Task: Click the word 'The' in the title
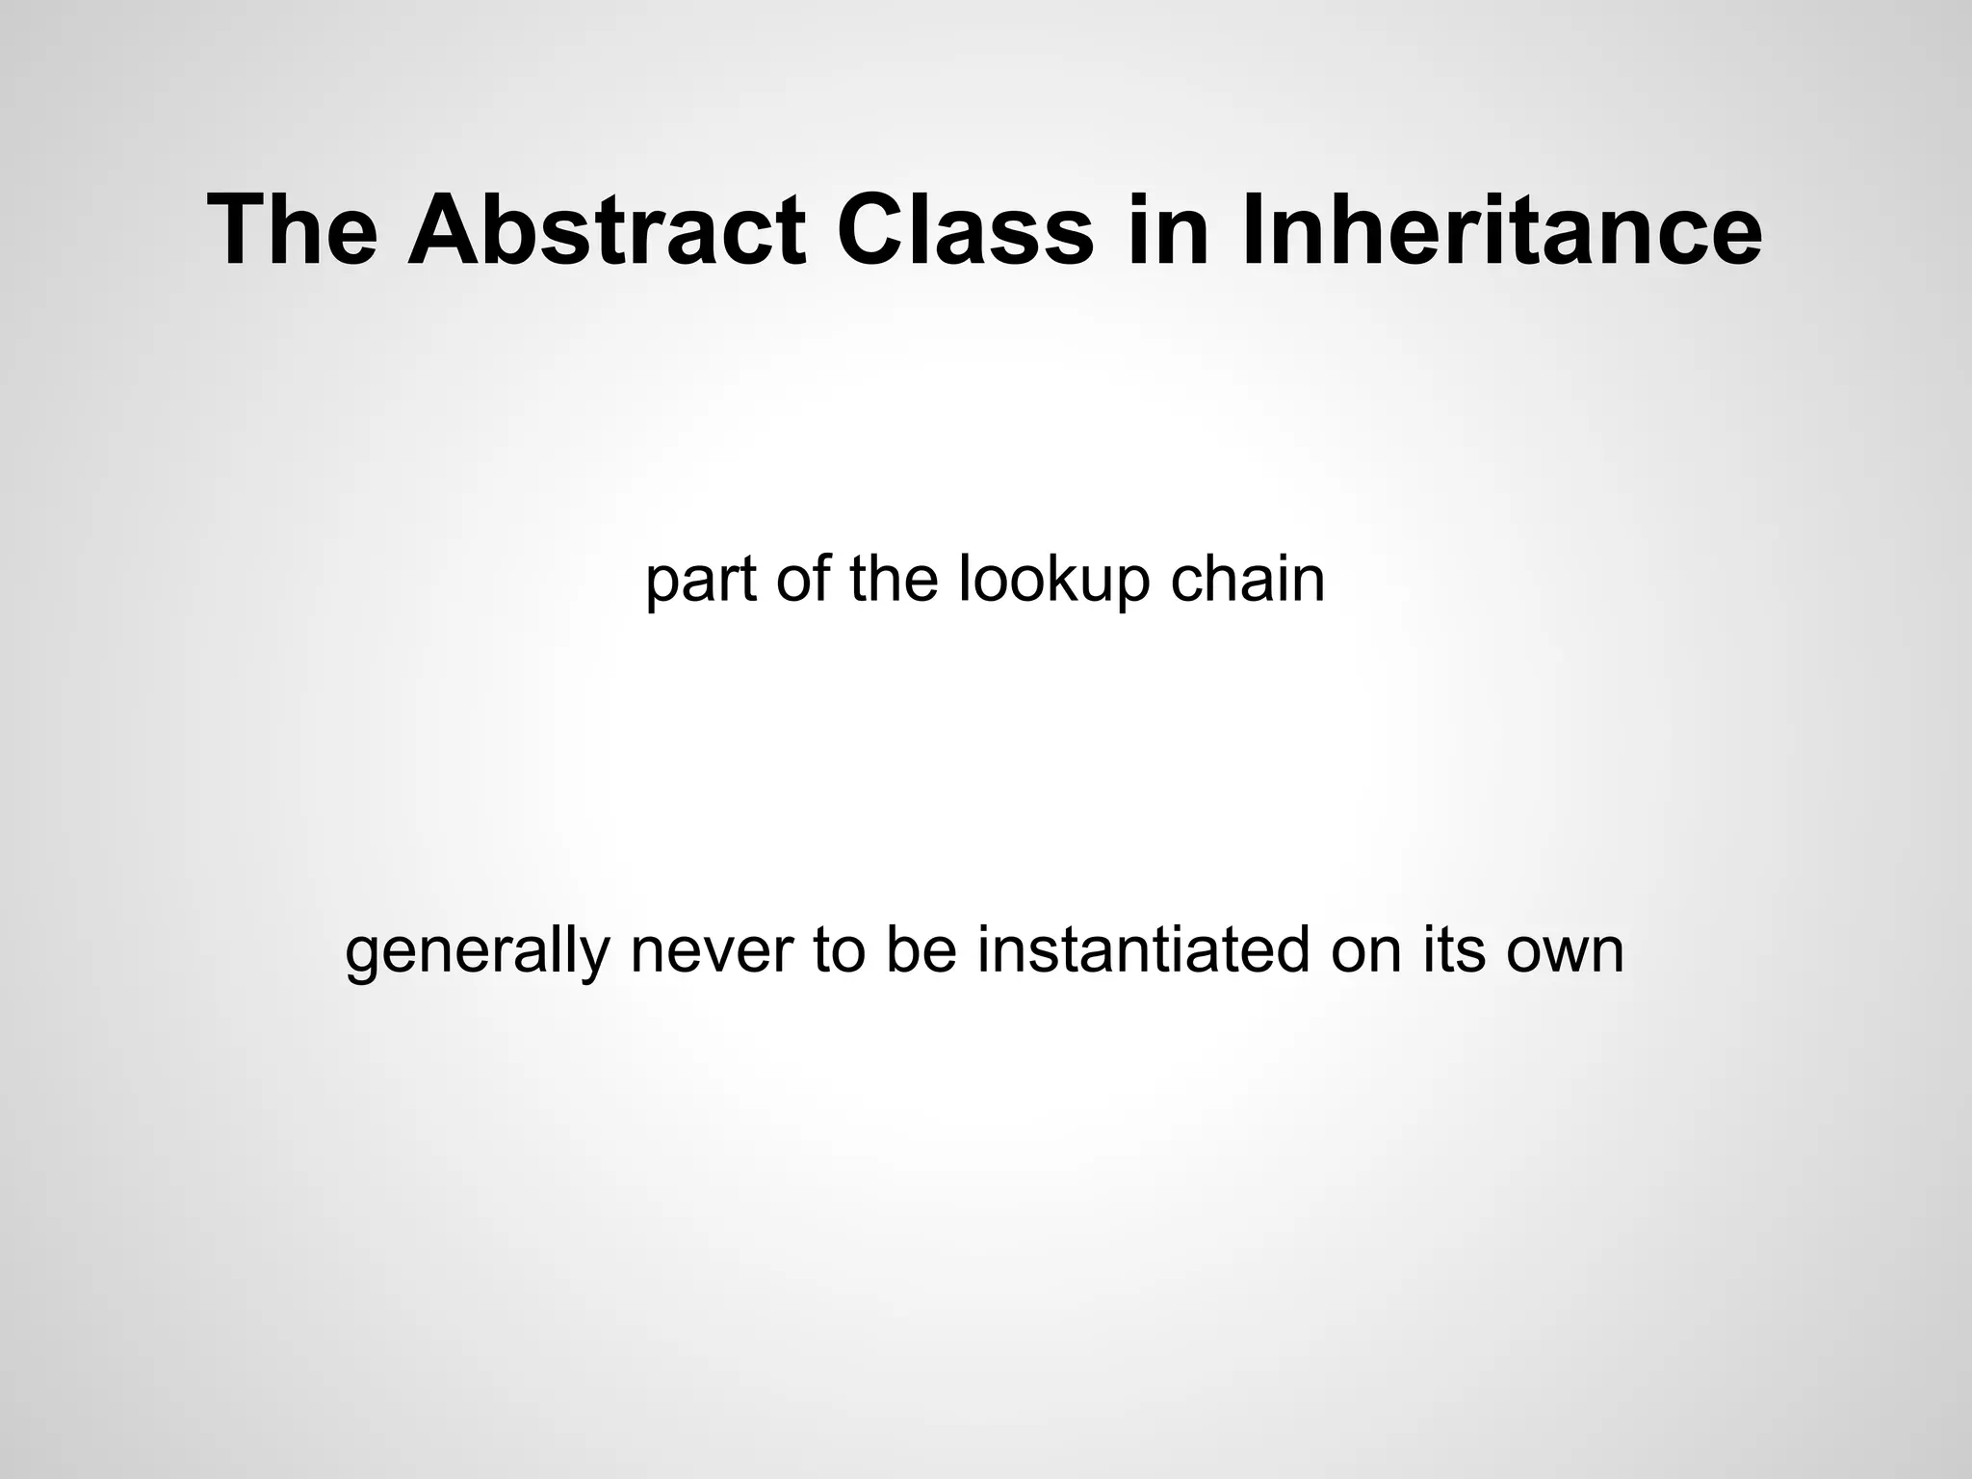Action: (293, 230)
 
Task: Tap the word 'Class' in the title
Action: (965, 230)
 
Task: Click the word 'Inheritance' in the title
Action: (1502, 230)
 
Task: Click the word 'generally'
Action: (477, 950)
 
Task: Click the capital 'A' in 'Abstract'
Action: (443, 230)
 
